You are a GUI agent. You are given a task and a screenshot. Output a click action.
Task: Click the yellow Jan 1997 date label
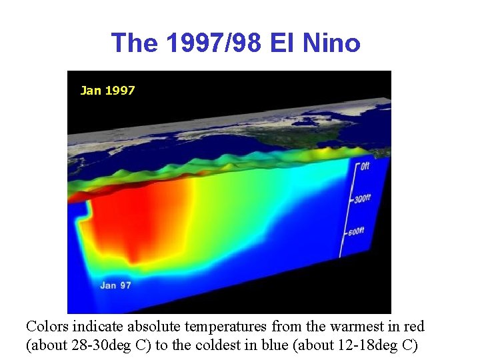107,90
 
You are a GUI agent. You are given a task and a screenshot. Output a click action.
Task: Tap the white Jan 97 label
115,285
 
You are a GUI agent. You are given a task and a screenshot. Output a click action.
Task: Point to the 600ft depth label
356,231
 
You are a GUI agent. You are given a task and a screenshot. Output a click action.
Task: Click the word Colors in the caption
47,327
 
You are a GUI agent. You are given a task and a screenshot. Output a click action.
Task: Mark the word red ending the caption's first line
413,327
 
